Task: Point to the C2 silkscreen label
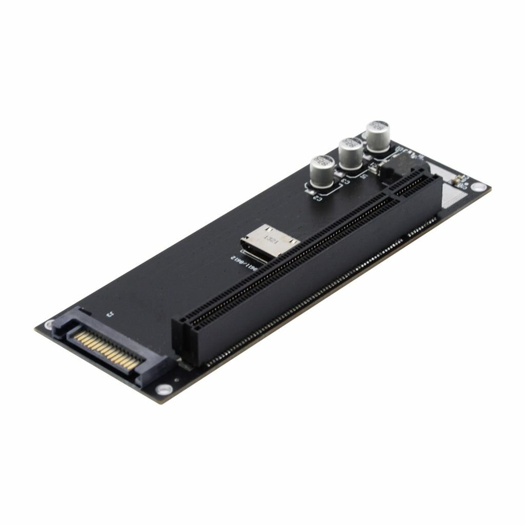316,196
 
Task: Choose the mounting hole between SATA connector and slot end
164,389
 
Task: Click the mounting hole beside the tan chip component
478,187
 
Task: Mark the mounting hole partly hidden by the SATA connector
50,324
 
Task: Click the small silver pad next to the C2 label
311,190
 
